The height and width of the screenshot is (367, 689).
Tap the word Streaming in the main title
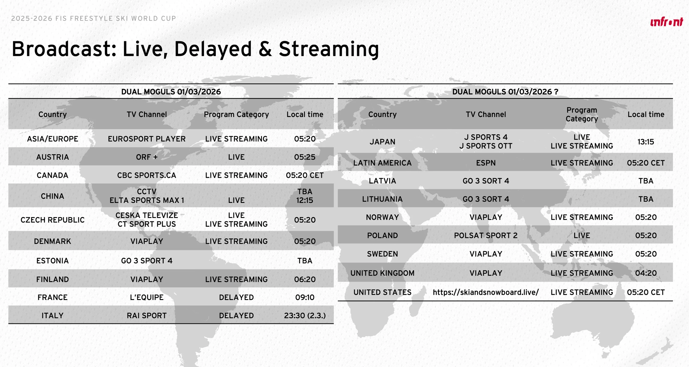point(329,49)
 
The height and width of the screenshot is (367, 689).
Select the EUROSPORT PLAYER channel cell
point(147,139)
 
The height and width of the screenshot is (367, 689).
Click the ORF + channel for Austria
point(147,157)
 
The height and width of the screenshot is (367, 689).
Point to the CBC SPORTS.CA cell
point(147,175)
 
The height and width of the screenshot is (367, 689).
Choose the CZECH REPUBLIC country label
point(52,220)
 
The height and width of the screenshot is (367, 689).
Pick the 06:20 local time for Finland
point(305,279)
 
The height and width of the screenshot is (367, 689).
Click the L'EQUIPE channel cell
point(147,297)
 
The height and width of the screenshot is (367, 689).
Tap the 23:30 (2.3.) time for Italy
point(305,315)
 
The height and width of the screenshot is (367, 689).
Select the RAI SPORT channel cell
point(147,315)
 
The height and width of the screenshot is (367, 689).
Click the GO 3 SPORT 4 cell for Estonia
point(147,261)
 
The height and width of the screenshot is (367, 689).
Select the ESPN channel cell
point(486,163)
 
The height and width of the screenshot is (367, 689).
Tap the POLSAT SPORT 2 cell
point(486,235)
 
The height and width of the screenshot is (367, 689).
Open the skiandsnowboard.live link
point(486,292)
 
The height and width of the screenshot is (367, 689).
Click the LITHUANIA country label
point(382,199)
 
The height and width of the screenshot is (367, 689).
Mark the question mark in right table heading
point(556,92)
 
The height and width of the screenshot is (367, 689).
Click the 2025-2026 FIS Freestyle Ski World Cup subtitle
point(93,18)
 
